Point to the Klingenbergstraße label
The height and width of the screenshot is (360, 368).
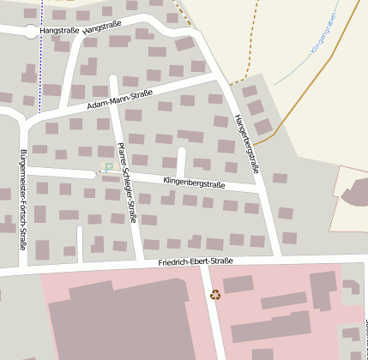tap(194, 183)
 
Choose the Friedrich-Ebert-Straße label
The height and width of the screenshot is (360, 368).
tap(196, 261)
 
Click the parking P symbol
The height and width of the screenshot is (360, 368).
tap(108, 168)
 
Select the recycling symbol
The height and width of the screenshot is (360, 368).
tap(215, 295)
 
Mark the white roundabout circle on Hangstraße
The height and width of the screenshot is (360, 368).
tap(32, 32)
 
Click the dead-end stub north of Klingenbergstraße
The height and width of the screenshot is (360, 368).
tap(181, 160)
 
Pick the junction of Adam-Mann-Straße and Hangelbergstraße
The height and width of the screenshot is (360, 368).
tap(221, 79)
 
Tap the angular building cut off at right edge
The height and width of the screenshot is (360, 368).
tap(355, 194)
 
